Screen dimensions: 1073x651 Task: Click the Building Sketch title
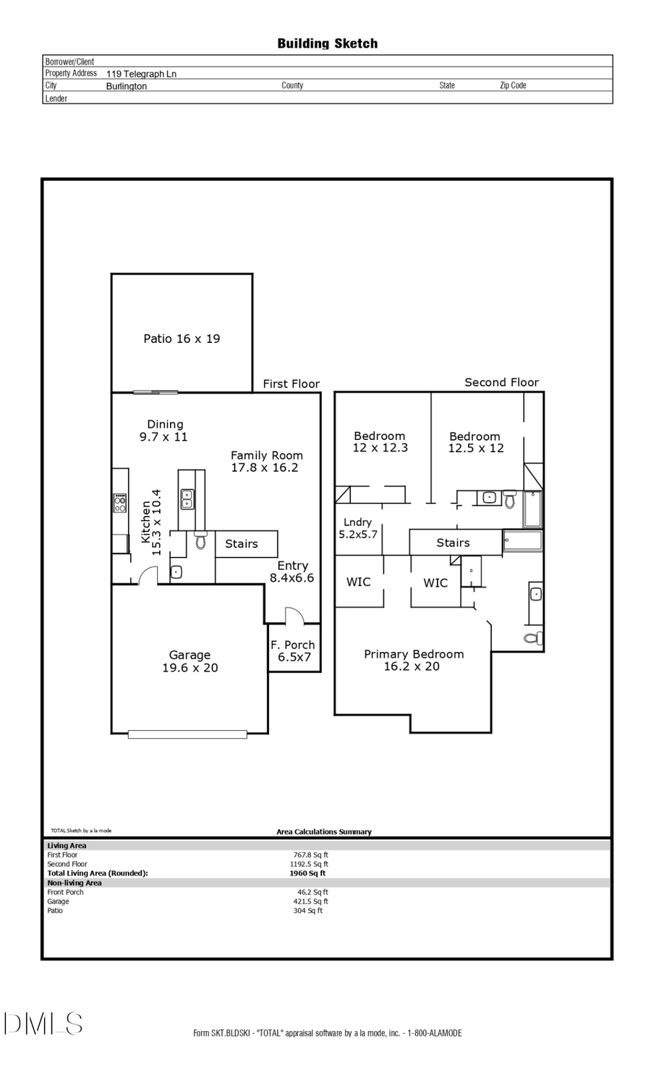point(327,43)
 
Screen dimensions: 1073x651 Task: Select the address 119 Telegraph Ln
point(141,74)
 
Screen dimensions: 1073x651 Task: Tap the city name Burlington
point(127,86)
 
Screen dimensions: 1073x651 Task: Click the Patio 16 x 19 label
point(182,339)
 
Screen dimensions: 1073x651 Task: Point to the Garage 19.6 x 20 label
point(190,661)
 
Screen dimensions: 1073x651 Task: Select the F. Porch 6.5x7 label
point(293,651)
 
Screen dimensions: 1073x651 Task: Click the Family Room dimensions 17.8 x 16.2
point(265,468)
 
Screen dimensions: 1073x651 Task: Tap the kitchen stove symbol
point(119,503)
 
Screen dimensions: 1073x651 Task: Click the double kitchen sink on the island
point(187,499)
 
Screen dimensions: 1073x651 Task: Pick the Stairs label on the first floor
point(242,544)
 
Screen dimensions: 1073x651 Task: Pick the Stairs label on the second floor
point(453,543)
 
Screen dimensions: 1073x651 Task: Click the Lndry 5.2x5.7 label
point(358,528)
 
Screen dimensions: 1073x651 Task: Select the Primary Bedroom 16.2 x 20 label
point(413,660)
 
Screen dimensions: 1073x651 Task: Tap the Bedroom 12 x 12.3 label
point(380,442)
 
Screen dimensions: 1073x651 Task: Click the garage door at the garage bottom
point(187,734)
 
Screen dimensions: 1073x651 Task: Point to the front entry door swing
point(294,616)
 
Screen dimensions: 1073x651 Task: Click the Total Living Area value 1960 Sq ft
point(307,873)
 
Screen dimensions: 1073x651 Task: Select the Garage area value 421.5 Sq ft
point(310,902)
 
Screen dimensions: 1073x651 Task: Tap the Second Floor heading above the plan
point(501,382)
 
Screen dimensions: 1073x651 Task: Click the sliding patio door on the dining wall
point(156,392)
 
